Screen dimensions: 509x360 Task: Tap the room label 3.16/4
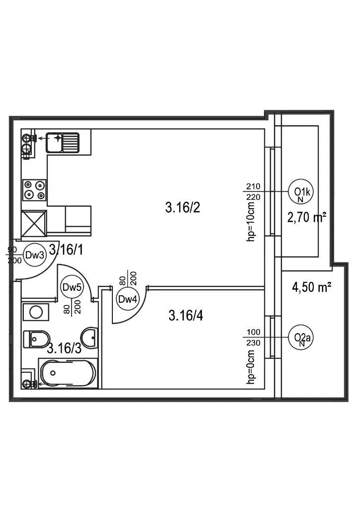186,315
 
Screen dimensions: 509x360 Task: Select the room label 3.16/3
64,348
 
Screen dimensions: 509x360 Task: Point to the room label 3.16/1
66,250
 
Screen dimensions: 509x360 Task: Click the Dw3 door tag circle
35,255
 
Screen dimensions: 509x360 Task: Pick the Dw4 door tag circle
126,299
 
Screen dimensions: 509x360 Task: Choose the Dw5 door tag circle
71,287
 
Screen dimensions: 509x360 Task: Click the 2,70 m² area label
306,217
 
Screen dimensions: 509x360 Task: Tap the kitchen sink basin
54,142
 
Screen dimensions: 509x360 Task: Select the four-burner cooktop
35,189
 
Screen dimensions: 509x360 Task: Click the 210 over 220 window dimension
253,191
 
